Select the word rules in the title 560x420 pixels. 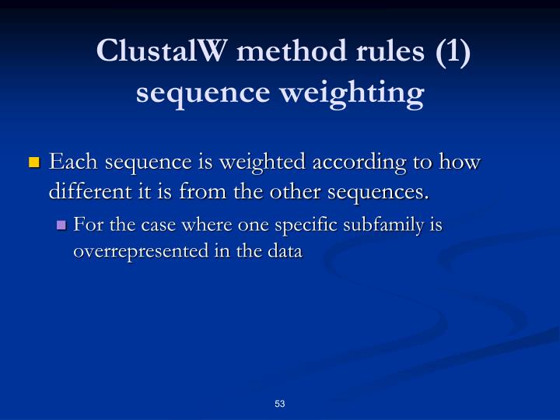(x=387, y=51)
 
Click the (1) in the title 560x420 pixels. (x=453, y=51)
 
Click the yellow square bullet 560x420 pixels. (x=33, y=163)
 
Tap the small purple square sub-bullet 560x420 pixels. (x=62, y=226)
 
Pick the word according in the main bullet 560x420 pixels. (x=355, y=163)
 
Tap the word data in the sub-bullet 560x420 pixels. (x=285, y=251)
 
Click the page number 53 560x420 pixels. (x=280, y=404)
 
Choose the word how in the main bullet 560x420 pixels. (x=460, y=163)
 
